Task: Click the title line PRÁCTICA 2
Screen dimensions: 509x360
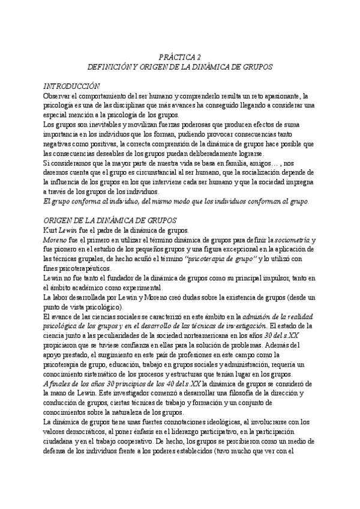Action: [180, 57]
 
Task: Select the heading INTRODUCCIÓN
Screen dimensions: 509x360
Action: [71, 86]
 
